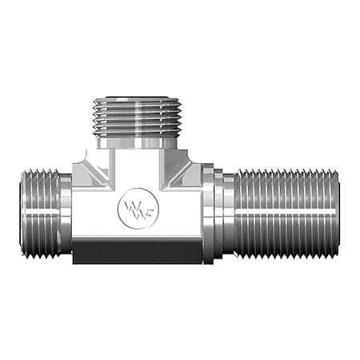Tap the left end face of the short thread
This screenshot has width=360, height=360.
21,212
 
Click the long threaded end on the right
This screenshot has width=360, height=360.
288,212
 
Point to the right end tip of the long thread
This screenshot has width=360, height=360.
339,212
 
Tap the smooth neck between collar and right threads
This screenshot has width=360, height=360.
227,212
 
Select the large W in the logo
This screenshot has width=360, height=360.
130,208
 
